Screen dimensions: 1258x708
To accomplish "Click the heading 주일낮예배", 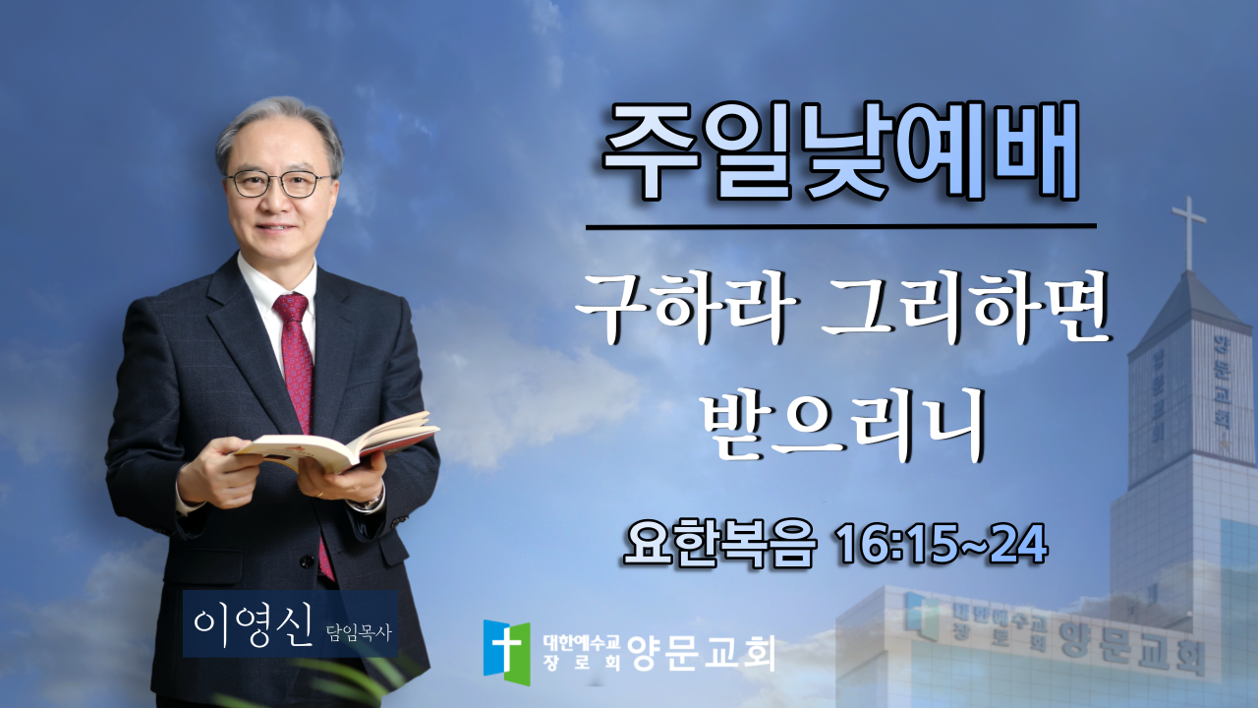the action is click(840, 150).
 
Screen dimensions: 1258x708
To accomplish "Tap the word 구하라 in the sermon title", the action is click(686, 308).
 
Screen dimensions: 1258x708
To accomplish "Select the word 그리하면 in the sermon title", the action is click(966, 308).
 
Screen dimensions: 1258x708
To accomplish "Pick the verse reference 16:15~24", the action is click(942, 544).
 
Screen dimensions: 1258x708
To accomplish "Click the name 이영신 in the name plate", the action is click(253, 625).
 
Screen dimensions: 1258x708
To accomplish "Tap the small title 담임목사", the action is click(359, 633).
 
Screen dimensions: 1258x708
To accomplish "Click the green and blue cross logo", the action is click(506, 652).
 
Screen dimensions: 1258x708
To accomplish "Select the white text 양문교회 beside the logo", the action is click(701, 653).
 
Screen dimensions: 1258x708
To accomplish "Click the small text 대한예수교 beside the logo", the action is click(581, 642).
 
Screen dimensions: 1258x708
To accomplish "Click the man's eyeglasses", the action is click(279, 184).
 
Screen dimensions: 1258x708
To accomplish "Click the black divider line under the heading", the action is click(840, 227).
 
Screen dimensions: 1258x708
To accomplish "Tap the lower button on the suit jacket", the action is click(307, 560).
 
